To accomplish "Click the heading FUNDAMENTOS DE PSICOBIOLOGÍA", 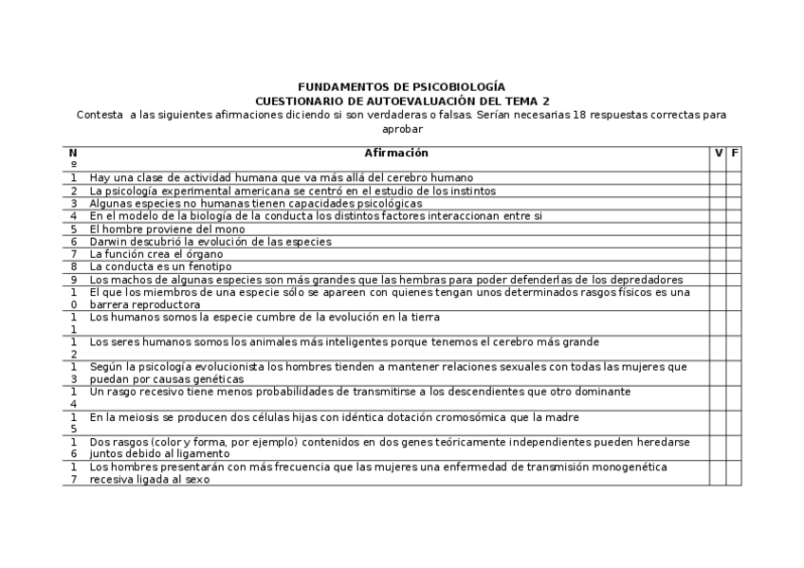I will coord(401,86).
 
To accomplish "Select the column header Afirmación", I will coord(396,153).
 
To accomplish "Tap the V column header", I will coord(718,153).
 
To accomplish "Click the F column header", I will coord(734,153).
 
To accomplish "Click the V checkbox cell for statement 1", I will coord(718,177).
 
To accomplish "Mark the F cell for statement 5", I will coord(734,229).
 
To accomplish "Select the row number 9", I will coord(73,280).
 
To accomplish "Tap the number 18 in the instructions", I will coord(592,115).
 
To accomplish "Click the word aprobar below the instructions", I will coord(401,128).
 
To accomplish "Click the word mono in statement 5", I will coord(207,229).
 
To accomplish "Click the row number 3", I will coord(73,203).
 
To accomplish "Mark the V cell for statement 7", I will coord(718,254).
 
